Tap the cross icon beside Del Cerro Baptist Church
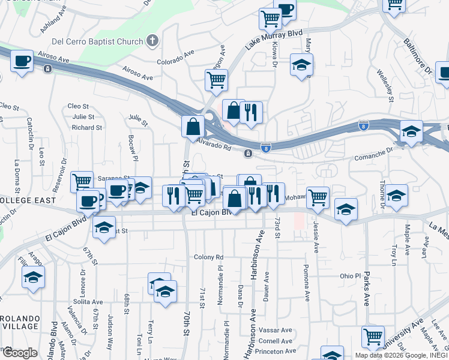pos(152,41)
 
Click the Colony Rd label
pos(208,257)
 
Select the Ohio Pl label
pos(350,276)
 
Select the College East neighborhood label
pos(28,200)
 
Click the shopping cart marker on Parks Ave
pos(373,337)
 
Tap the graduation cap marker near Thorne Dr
pos(396,196)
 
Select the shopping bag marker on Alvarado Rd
pos(193,127)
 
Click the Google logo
pos(19,352)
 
